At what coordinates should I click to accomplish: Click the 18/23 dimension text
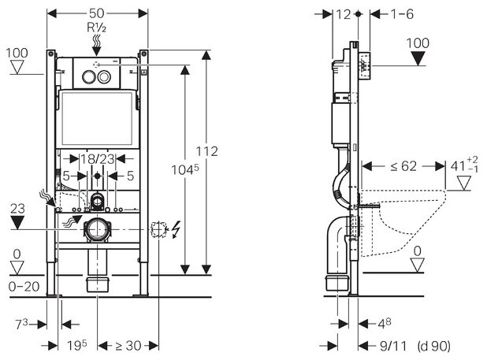pyautogui.click(x=99, y=158)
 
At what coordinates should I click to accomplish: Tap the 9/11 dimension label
pyautogui.click(x=385, y=344)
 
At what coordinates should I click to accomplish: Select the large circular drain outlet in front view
pyautogui.click(x=99, y=231)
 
